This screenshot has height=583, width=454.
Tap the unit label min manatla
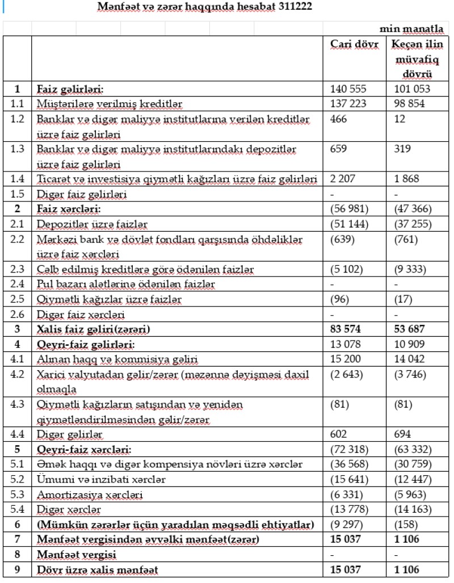click(x=417, y=29)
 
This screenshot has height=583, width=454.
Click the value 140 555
click(x=348, y=89)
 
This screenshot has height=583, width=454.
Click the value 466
click(x=338, y=118)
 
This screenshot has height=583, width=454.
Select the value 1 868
click(x=406, y=179)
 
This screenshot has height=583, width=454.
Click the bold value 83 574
click(x=348, y=328)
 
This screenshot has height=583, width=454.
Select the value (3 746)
click(x=409, y=373)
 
